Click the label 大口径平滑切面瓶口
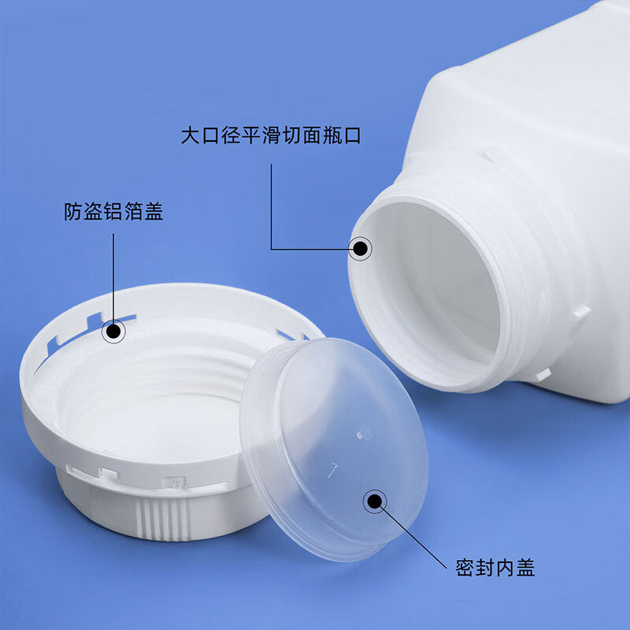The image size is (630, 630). coord(271,135)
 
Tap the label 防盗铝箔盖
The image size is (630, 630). coord(113,211)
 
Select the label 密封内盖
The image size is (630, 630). coord(495,568)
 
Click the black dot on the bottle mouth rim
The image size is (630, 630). coord(360,249)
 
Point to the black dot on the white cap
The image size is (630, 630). coord(113,332)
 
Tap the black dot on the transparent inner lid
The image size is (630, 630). coord(375,501)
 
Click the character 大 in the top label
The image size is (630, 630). coord(191,135)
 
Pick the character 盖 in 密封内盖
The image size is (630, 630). coord(525,568)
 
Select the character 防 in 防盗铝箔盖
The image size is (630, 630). coord(73,211)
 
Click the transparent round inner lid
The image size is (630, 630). coord(333,449)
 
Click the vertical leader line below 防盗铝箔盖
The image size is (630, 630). coord(113,279)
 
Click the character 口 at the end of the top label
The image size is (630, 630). coord(352,135)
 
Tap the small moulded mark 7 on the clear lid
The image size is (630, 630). coord(332,469)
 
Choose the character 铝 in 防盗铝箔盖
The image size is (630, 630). coord(113,211)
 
